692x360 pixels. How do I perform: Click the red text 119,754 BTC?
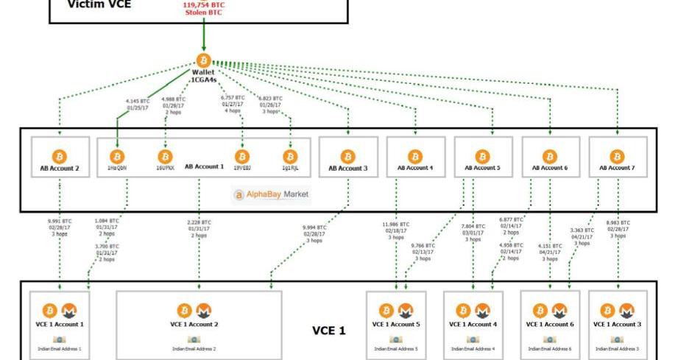(204, 5)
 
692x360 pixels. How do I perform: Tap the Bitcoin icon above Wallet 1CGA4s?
(203, 60)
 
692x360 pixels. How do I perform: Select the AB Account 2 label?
(60, 169)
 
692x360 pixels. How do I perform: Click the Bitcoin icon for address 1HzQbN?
(117, 156)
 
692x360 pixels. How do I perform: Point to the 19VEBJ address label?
(241, 169)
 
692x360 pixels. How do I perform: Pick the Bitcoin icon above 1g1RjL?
(290, 156)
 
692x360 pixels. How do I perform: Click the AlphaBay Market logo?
(272, 195)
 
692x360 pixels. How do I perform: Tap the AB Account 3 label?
(348, 169)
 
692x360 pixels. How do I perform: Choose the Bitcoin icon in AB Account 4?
(415, 156)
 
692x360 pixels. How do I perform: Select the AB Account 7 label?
(617, 169)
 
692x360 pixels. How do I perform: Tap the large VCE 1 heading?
(328, 331)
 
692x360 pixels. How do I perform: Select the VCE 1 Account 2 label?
(198, 324)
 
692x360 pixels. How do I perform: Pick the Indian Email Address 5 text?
(395, 349)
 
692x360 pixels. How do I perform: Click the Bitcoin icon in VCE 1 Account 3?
(607, 311)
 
